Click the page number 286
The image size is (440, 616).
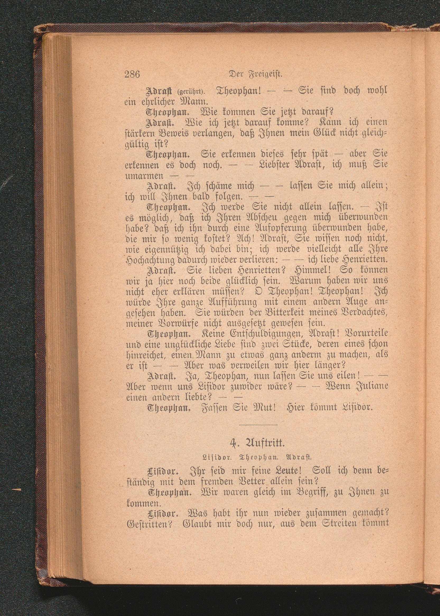tap(132, 74)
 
